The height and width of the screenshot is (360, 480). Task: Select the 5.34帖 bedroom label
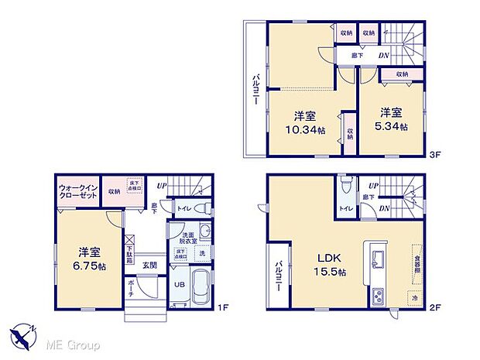[392, 126]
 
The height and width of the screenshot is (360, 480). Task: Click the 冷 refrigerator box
[413, 297]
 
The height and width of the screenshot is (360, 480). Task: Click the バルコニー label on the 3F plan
[255, 89]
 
